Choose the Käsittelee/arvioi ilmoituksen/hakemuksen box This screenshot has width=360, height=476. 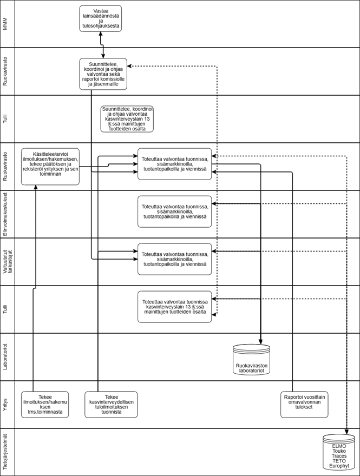[50, 166]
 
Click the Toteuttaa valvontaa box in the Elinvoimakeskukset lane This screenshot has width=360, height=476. [174, 211]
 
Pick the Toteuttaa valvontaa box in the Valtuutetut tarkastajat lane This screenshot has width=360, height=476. [174, 259]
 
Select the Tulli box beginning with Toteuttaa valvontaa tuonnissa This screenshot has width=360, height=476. [174, 307]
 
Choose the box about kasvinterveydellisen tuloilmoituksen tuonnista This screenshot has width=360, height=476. [112, 404]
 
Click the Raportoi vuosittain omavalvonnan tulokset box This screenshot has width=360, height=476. [304, 404]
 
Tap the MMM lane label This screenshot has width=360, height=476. [6, 24]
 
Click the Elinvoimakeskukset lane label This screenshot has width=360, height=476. [6, 214]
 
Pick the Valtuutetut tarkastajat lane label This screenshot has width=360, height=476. [7, 262]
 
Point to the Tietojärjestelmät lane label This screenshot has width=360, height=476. [6, 452]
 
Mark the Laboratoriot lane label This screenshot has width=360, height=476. [6, 356]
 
